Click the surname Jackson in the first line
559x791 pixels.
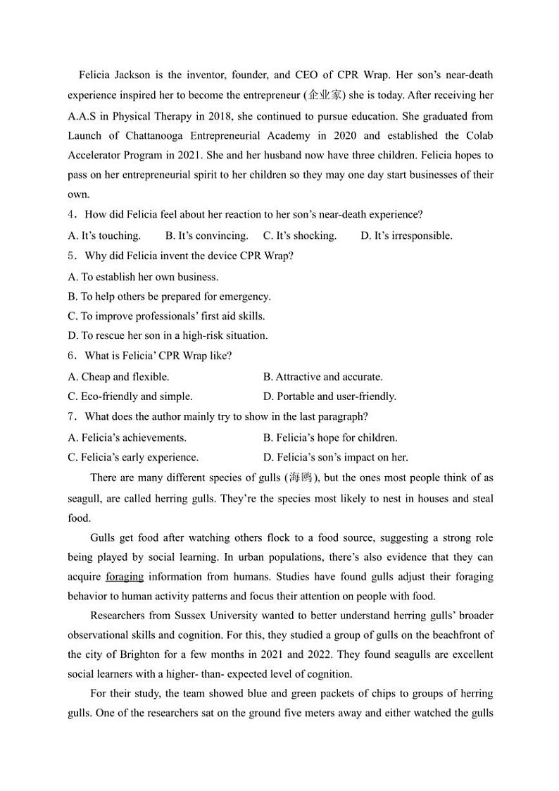click(139, 75)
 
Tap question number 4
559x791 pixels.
click(71, 215)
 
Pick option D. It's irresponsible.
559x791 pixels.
click(406, 235)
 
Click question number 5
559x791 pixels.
click(71, 256)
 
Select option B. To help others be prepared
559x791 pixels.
click(169, 297)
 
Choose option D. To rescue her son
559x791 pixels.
click(168, 336)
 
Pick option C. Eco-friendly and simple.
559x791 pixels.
click(130, 397)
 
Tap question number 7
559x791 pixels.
click(71, 417)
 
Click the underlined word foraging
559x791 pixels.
click(125, 577)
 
